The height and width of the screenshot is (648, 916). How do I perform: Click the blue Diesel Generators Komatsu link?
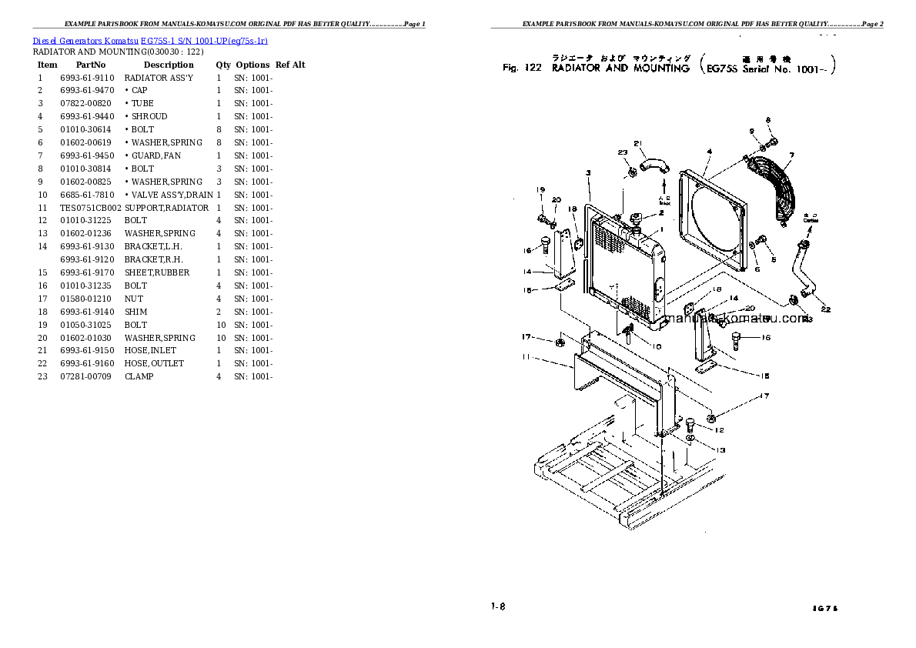pyautogui.click(x=150, y=40)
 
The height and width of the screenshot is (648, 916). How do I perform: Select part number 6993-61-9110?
pyautogui.click(x=86, y=78)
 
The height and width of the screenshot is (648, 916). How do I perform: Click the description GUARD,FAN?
pyautogui.click(x=155, y=155)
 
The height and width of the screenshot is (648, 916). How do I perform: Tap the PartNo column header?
pyautogui.click(x=90, y=65)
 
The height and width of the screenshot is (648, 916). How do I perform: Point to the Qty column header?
pyautogui.click(x=222, y=65)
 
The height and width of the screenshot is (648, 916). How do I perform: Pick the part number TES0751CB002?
pyautogui.click(x=91, y=208)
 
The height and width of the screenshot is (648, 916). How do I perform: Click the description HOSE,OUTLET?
pyautogui.click(x=154, y=363)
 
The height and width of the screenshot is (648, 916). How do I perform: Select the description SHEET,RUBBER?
pyautogui.click(x=157, y=272)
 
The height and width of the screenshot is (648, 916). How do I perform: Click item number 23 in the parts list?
pyautogui.click(x=42, y=376)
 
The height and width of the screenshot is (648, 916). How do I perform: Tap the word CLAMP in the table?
pyautogui.click(x=139, y=376)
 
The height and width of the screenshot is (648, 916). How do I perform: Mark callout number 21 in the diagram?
pyautogui.click(x=637, y=143)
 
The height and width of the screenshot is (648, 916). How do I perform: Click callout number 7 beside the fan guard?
pyautogui.click(x=791, y=156)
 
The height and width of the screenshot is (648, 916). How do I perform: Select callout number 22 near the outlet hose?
pyautogui.click(x=826, y=309)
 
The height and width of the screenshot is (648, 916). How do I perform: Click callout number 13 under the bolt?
pyautogui.click(x=720, y=450)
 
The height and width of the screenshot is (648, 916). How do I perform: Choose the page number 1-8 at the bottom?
pyautogui.click(x=497, y=606)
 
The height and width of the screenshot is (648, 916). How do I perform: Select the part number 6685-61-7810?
pyautogui.click(x=86, y=195)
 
